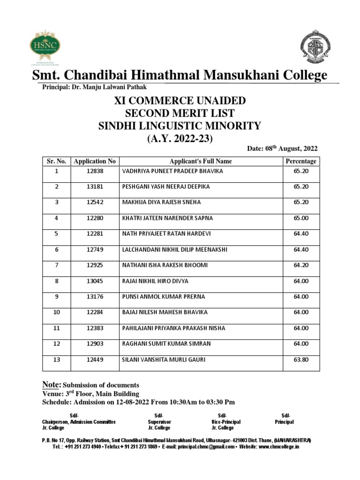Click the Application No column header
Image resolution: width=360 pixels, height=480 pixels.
coord(95,161)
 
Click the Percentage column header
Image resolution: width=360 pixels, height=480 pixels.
coord(300,161)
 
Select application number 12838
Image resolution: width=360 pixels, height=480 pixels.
coord(95,171)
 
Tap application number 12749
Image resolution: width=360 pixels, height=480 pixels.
coord(95,249)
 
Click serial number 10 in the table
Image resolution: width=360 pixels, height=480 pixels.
coord(56,312)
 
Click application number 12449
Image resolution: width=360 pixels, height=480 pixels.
coord(95,360)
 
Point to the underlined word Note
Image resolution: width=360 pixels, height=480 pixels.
coord(52,384)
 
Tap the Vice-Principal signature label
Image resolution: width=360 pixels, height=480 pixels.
coord(225,422)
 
